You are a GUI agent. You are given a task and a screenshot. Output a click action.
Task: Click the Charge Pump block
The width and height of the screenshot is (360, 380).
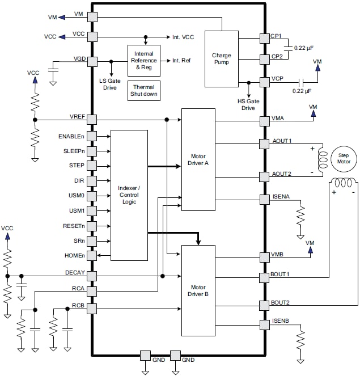[x=221, y=58]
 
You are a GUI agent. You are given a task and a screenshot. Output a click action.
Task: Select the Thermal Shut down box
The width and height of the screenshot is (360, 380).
[x=144, y=91]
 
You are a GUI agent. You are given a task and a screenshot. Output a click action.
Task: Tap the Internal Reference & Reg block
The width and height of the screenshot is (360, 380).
[x=144, y=60]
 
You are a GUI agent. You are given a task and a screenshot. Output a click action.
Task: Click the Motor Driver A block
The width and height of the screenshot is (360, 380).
[x=198, y=158]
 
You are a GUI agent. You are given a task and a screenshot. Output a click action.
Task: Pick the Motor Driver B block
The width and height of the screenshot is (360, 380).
[x=198, y=290]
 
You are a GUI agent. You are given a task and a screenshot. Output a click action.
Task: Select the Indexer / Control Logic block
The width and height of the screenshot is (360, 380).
[x=129, y=195]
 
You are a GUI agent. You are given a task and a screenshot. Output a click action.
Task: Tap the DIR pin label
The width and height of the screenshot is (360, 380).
[x=79, y=180]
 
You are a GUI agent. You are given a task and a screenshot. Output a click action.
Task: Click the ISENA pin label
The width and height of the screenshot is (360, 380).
[x=281, y=197]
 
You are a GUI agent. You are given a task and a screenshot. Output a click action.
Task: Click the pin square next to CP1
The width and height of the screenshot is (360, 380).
[x=264, y=38]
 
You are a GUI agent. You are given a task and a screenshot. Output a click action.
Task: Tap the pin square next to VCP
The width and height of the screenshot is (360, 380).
[x=264, y=81]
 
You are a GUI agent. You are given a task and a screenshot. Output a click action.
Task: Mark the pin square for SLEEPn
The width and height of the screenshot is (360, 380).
[x=92, y=151]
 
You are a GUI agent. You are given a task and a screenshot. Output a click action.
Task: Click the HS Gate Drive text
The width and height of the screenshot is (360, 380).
[x=248, y=104]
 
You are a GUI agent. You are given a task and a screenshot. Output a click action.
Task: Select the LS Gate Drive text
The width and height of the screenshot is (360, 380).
[x=111, y=85]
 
